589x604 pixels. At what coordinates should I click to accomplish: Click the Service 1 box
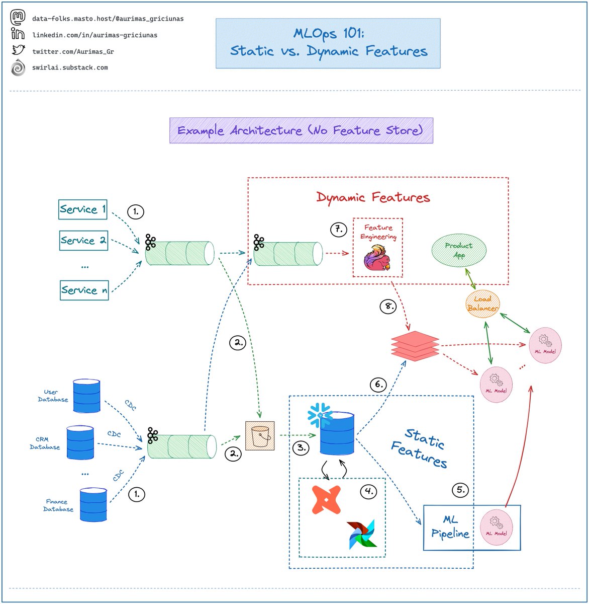(83, 209)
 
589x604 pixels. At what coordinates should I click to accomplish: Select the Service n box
(84, 290)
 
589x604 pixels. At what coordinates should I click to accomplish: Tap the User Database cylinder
(86, 396)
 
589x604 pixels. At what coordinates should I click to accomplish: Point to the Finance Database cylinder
(93, 504)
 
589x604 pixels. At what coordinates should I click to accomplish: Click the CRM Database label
(45, 443)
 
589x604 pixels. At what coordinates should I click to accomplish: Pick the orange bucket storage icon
(260, 435)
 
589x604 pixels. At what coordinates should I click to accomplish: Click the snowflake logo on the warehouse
(319, 416)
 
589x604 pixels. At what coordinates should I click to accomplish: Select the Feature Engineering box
(378, 247)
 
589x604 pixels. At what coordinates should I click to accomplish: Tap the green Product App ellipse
(459, 250)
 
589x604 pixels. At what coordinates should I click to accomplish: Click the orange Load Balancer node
(482, 304)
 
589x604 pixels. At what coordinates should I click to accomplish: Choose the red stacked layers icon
(415, 346)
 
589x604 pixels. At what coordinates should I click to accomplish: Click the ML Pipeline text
(450, 526)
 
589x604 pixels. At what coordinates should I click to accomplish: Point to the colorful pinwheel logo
(362, 534)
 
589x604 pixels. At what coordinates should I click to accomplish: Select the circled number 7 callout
(338, 230)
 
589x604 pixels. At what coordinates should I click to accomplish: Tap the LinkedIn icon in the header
(18, 34)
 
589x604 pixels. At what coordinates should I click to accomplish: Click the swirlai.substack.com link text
(70, 67)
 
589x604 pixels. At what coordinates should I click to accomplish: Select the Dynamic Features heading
(373, 197)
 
